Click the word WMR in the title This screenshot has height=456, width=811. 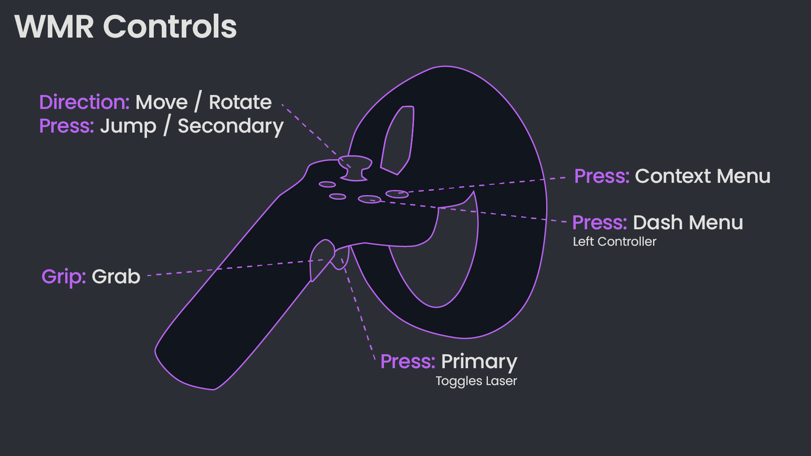coord(54,27)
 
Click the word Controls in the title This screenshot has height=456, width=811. coord(170,27)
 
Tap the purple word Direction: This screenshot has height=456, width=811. coord(84,102)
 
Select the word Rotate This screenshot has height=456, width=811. coord(240,102)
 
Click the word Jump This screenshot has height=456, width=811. coord(128,126)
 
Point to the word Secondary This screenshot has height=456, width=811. coord(231,126)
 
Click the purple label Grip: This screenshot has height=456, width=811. coord(64,277)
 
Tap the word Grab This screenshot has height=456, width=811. coord(116,277)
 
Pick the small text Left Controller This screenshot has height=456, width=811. coord(614,242)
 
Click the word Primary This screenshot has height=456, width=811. coord(479,362)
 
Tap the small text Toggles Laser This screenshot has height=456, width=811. coord(476,381)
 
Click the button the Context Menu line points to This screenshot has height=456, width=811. coord(397,194)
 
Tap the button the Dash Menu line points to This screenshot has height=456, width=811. coord(370,199)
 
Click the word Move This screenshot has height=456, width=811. coord(161,102)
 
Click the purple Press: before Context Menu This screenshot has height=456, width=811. coord(601,176)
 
